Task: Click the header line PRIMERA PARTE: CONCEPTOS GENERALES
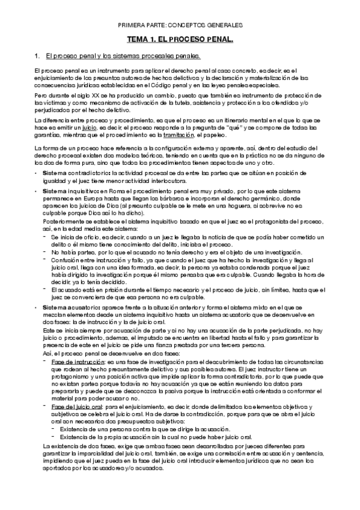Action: pyautogui.click(x=180, y=26)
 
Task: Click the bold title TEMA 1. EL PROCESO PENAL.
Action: pyautogui.click(x=180, y=39)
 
